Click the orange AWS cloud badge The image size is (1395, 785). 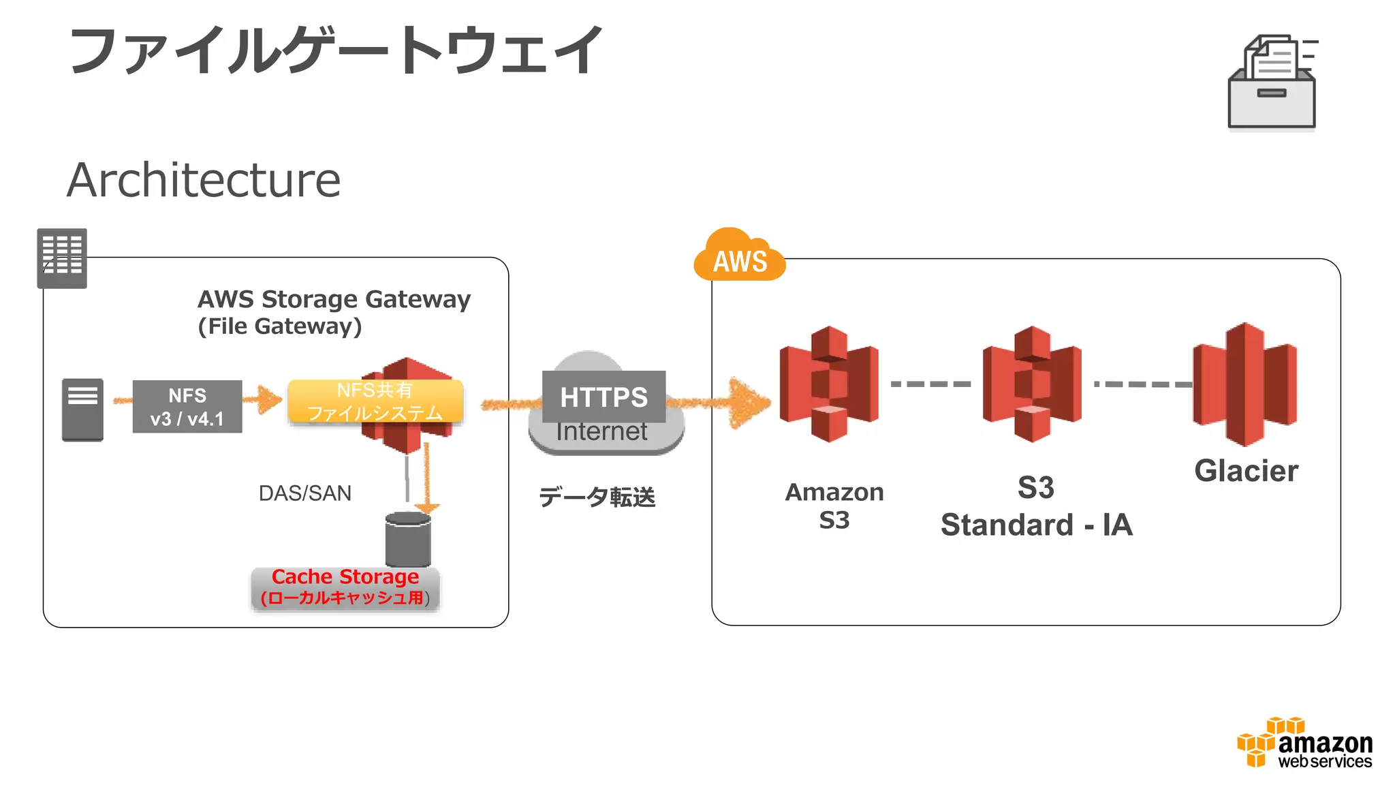pyautogui.click(x=740, y=257)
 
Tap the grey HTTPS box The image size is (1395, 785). pyautogui.click(x=604, y=397)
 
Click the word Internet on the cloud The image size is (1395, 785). pyautogui.click(x=601, y=432)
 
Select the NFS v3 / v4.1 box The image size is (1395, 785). pyautogui.click(x=187, y=406)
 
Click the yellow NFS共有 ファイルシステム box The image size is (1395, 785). pyautogui.click(x=375, y=401)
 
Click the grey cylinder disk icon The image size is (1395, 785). pyautogui.click(x=407, y=540)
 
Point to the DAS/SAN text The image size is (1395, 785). pyautogui.click(x=304, y=493)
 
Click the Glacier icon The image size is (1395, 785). pyautogui.click(x=1244, y=384)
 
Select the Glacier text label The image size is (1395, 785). pyautogui.click(x=1246, y=471)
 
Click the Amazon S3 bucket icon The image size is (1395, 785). pyautogui.click(x=828, y=384)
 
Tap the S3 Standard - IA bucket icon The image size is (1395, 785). pyautogui.click(x=1031, y=384)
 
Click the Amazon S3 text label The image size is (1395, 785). pyautogui.click(x=834, y=506)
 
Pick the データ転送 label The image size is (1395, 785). pyautogui.click(x=597, y=497)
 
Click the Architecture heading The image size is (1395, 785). pyautogui.click(x=204, y=180)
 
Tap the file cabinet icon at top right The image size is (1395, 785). pyautogui.click(x=1272, y=82)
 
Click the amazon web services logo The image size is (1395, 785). pyautogui.click(x=1304, y=743)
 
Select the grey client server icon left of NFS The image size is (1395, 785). pyautogui.click(x=82, y=410)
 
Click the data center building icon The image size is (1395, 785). pyautogui.click(x=62, y=258)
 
